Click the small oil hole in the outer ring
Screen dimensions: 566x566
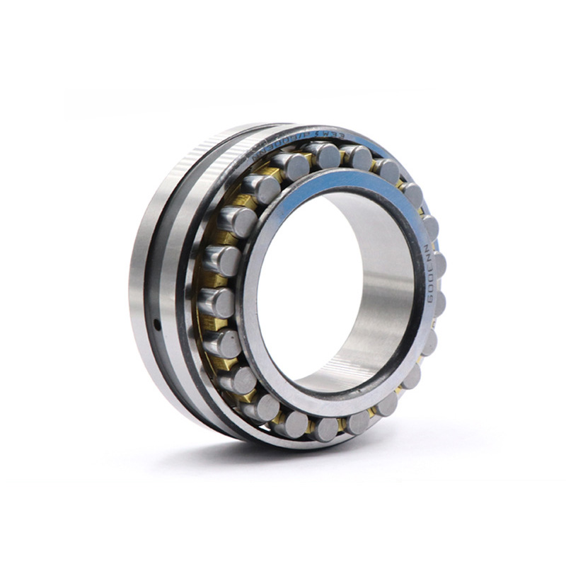point(156,325)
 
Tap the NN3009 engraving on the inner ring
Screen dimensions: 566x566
point(429,272)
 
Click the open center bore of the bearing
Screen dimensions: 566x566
point(318,283)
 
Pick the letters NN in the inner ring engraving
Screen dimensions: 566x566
point(429,253)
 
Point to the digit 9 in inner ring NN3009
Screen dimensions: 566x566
point(430,298)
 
